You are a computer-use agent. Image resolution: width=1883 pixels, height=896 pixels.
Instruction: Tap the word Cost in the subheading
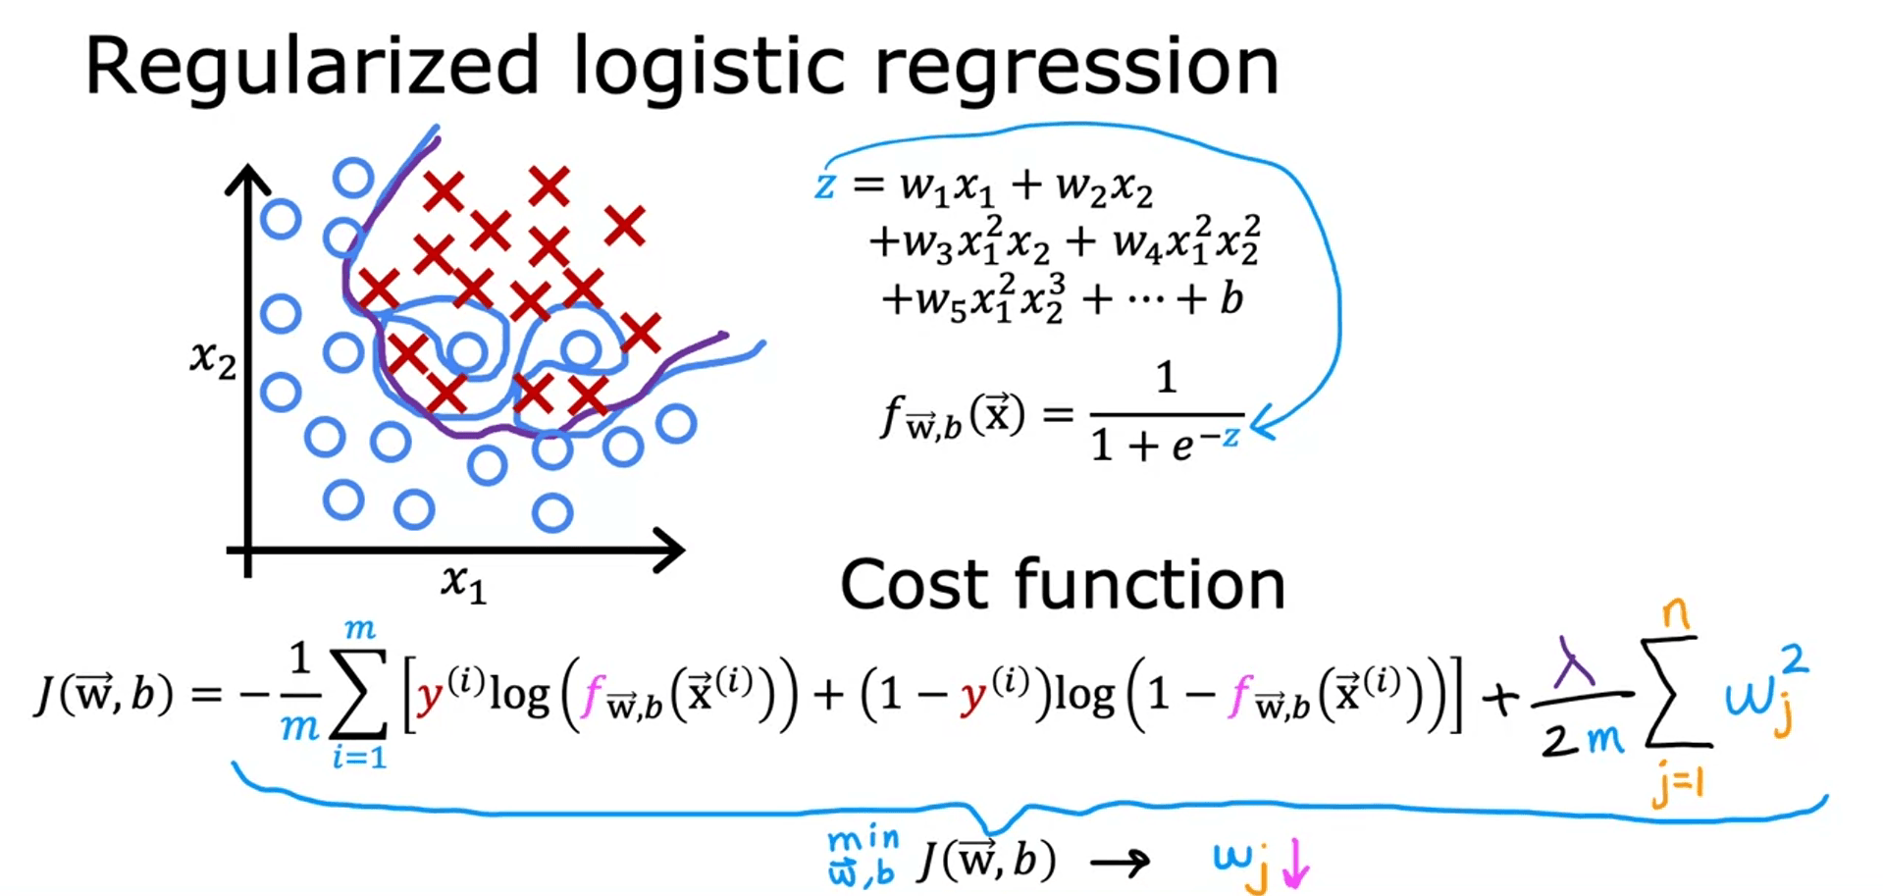915,585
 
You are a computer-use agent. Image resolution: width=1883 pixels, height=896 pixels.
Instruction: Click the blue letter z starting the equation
825,184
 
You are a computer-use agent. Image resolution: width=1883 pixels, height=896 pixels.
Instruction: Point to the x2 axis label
213,359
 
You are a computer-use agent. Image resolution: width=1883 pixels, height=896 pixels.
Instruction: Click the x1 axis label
463,583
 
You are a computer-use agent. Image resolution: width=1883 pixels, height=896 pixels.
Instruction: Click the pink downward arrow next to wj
1296,863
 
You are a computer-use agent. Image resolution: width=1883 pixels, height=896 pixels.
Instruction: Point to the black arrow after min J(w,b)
1120,863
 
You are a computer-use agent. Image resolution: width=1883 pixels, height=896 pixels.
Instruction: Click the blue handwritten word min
863,839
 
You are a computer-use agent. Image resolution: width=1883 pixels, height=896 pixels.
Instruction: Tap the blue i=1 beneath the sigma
359,757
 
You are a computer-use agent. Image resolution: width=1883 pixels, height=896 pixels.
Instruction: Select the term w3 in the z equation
927,242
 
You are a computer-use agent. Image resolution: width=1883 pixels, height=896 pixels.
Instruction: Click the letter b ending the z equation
1231,297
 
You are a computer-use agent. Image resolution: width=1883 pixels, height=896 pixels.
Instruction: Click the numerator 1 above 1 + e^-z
1166,377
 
